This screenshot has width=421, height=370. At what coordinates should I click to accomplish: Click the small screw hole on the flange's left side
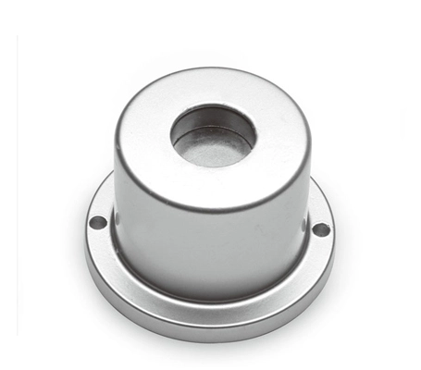97,222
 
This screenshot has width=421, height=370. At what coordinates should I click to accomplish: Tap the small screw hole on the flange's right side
320,228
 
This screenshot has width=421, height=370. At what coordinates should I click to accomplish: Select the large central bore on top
213,136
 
